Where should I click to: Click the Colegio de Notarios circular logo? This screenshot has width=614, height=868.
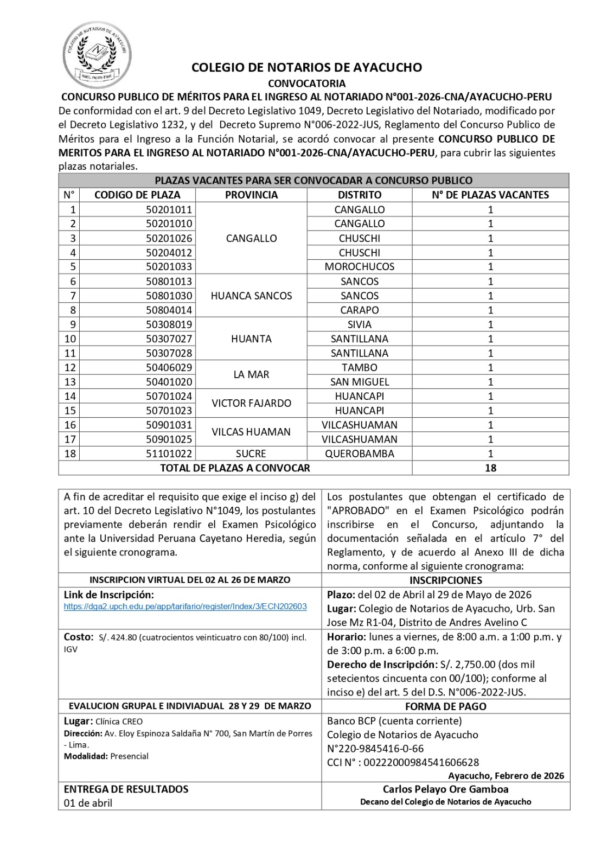(97, 48)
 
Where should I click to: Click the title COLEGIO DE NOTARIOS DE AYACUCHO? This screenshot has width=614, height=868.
(306, 68)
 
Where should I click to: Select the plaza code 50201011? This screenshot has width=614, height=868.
(169, 209)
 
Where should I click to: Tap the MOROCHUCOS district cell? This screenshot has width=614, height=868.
(359, 267)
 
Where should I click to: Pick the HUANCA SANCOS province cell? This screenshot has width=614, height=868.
(251, 296)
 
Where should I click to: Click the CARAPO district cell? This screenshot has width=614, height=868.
(359, 310)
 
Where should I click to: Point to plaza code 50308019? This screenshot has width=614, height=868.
(169, 324)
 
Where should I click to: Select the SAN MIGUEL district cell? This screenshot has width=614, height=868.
(359, 382)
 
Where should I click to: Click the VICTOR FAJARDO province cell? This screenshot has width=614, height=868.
(251, 403)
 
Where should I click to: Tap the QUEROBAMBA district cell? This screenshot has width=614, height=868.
(359, 454)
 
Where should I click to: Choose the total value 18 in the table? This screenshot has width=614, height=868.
(490, 468)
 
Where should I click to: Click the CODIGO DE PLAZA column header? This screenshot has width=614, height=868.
(137, 195)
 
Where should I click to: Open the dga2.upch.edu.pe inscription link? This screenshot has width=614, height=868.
(185, 607)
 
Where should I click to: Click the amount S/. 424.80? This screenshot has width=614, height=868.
(118, 637)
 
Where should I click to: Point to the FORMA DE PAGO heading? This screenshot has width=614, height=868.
(445, 706)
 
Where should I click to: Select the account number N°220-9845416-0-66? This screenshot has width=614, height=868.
(375, 749)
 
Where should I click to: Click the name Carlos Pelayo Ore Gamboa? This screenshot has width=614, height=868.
(445, 789)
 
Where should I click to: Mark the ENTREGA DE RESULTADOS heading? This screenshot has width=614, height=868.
(126, 789)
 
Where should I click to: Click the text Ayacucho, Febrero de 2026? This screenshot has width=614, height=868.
(506, 776)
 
